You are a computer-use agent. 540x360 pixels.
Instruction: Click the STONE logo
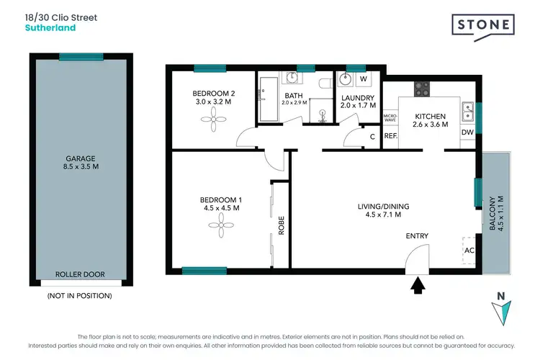483,25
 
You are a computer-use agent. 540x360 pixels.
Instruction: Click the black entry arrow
417,287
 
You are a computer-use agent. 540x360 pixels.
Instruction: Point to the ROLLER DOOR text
80,274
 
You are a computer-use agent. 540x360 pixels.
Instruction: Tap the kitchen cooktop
421,89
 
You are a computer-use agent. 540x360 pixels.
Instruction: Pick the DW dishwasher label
466,132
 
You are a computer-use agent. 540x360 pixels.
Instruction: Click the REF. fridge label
391,135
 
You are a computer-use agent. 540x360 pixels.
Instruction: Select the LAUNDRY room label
358,98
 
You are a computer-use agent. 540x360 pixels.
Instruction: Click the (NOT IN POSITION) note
80,295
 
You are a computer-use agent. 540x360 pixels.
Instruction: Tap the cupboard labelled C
372,137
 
